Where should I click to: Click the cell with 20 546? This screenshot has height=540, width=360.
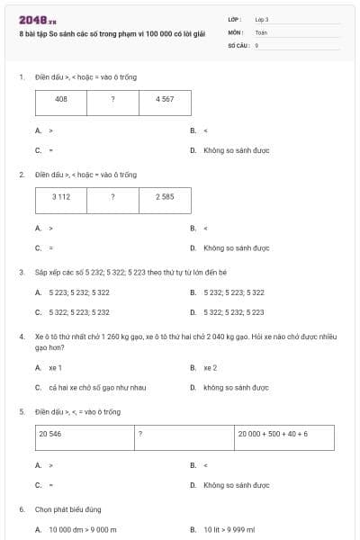[x=85, y=436]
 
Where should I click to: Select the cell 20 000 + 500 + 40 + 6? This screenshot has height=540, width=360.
[x=283, y=436]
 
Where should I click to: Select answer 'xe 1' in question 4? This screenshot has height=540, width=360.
[x=56, y=367]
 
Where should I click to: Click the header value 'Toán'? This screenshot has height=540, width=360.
[x=261, y=31]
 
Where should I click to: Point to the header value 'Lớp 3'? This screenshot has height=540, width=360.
[x=262, y=19]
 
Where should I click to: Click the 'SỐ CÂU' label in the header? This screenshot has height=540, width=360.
[x=238, y=44]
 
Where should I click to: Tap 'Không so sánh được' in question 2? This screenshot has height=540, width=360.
[x=236, y=247]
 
